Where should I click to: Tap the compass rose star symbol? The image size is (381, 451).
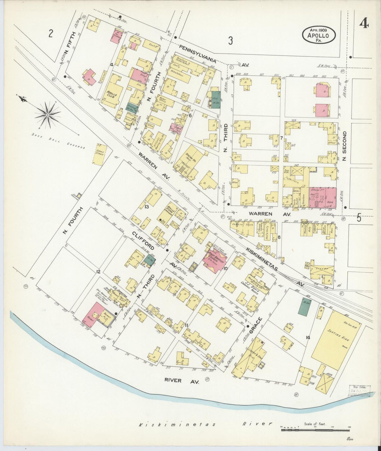pos(48,115)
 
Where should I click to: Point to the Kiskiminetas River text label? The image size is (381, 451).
pos(205,424)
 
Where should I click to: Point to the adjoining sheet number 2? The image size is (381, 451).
pos(51,33)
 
